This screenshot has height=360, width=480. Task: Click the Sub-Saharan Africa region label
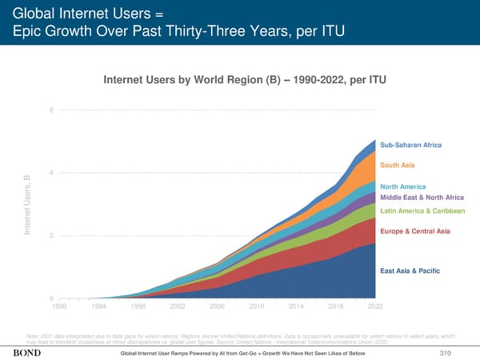click(x=410, y=145)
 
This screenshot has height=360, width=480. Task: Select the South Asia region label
click(x=397, y=166)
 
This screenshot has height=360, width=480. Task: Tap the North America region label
click(x=403, y=187)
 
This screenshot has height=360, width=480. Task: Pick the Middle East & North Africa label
click(x=422, y=198)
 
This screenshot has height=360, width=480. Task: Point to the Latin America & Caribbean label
click(x=422, y=211)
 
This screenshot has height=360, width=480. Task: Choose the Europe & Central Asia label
click(x=415, y=232)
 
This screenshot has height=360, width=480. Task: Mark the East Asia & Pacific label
click(x=409, y=270)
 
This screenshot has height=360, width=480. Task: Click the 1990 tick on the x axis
click(x=59, y=306)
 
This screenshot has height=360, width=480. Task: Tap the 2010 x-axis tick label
click(x=257, y=306)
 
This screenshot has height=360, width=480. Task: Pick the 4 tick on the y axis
click(x=52, y=173)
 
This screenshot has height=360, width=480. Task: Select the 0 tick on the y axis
click(x=52, y=298)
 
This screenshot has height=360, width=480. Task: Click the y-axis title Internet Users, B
click(x=27, y=205)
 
